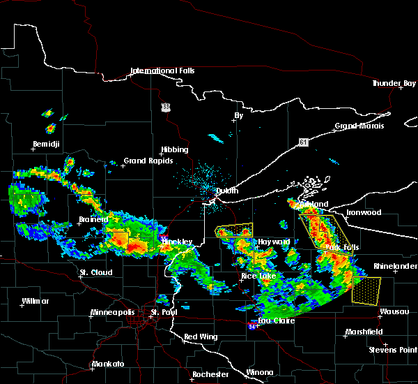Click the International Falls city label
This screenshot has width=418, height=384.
pos(163,71)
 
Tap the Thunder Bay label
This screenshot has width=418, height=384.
pos(394,83)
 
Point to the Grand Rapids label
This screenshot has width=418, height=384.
pos(144,161)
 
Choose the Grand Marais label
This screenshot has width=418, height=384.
pos(359,126)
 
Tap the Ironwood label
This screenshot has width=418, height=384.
pos(364,212)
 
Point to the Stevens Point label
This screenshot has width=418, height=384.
pos(393,348)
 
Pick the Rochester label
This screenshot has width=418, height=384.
pos(210,374)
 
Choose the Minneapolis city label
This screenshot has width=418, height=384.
pos(118,312)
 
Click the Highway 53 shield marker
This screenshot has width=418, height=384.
pos(165,107)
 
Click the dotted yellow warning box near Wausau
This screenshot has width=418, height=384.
pos(366,290)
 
